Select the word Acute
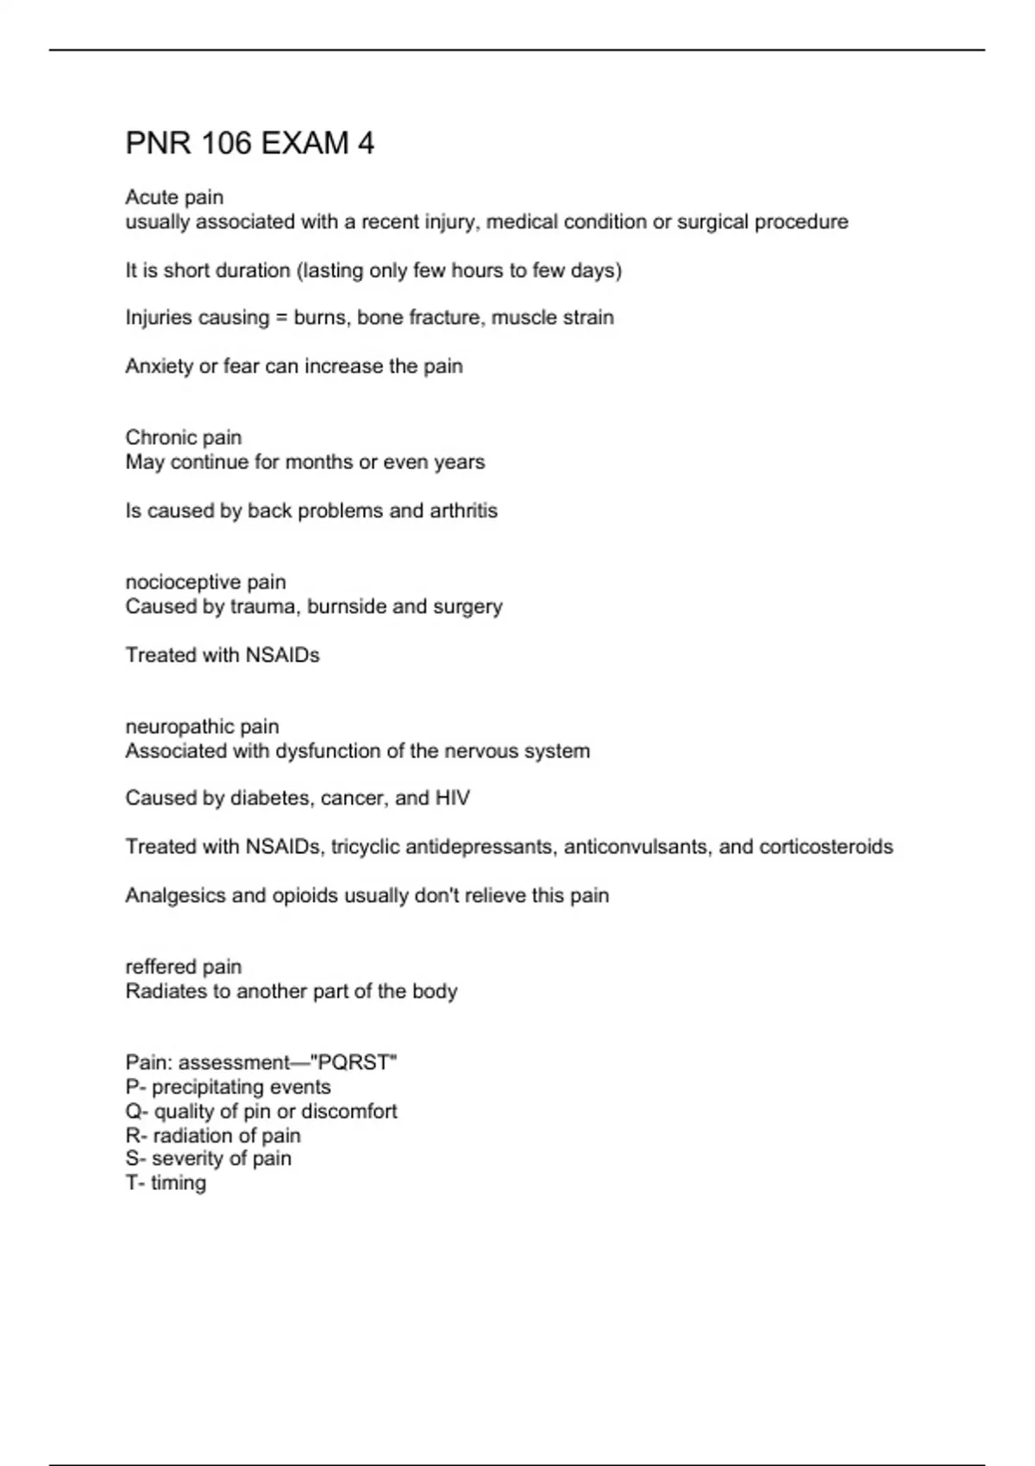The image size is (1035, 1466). click(x=148, y=197)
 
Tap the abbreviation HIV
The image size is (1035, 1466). click(x=453, y=799)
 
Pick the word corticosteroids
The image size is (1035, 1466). click(x=826, y=847)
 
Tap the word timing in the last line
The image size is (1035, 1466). click(x=179, y=1183)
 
